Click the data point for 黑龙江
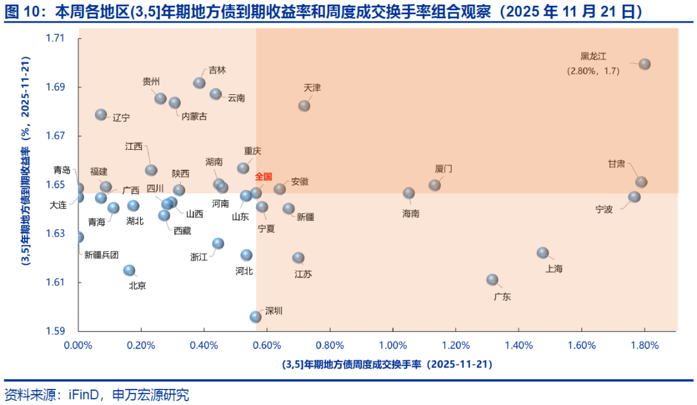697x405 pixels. [644, 64]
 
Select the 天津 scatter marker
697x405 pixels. [304, 105]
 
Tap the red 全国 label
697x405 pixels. [263, 176]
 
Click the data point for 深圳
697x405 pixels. [256, 317]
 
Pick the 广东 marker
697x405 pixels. [492, 280]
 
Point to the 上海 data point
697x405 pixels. [543, 253]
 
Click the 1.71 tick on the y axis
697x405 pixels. [56, 38]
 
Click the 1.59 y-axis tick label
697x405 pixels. [56, 331]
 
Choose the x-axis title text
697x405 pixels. [387, 364]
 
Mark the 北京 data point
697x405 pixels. [129, 270]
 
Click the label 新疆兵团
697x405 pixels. [102, 254]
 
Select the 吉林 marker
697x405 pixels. [199, 83]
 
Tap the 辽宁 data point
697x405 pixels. [101, 114]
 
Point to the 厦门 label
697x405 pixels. [443, 169]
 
